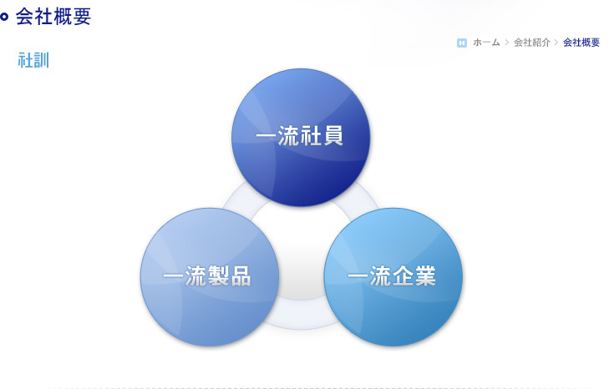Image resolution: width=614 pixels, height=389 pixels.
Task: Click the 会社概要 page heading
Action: (x=53, y=17)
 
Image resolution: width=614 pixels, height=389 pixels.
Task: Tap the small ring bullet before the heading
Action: (x=4, y=17)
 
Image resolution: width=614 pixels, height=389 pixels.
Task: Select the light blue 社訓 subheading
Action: (x=33, y=60)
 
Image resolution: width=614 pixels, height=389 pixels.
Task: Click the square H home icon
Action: (x=462, y=43)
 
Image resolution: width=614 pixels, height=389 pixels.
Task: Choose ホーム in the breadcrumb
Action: (x=486, y=43)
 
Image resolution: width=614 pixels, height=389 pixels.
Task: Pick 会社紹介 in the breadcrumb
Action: (x=532, y=43)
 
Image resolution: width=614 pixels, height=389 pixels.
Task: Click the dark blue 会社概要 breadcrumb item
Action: (x=581, y=43)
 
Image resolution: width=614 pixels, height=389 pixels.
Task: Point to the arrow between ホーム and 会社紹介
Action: (x=507, y=43)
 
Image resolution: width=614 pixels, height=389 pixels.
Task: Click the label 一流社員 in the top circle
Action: (x=300, y=136)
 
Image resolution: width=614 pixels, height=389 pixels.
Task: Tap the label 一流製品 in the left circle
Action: (x=207, y=275)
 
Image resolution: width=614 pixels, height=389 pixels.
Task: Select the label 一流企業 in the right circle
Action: (x=392, y=275)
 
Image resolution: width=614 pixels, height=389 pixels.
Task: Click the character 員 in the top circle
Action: (x=333, y=136)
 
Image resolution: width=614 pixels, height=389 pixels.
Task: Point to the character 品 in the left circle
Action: (x=241, y=275)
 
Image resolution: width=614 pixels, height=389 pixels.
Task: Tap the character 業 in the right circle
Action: (x=426, y=275)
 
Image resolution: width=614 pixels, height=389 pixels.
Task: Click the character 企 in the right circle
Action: (x=403, y=275)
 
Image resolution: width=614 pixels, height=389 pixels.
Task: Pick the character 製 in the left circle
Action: (x=218, y=275)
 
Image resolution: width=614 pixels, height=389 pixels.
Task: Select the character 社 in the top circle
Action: (x=311, y=136)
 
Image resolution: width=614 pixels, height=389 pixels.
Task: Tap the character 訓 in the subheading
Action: (x=41, y=60)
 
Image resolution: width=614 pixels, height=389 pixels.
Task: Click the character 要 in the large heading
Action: (x=82, y=17)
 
